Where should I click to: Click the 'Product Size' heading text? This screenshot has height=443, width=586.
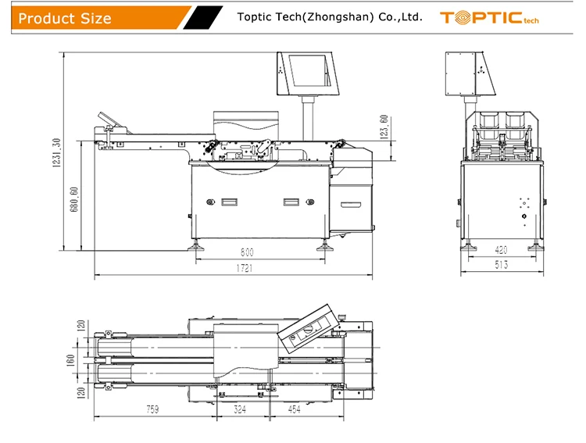pyautogui.click(x=65, y=18)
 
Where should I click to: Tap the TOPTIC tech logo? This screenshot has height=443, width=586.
pyautogui.click(x=489, y=17)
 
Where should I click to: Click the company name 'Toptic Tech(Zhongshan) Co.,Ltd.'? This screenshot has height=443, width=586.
pyautogui.click(x=330, y=17)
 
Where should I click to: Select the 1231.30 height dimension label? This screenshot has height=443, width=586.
pyautogui.click(x=56, y=152)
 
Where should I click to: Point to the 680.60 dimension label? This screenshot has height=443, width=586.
pyautogui.click(x=74, y=199)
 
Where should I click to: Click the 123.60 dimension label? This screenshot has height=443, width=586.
pyautogui.click(x=384, y=127)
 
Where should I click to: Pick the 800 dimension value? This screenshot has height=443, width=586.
pyautogui.click(x=247, y=252)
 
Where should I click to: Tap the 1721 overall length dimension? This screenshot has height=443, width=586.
pyautogui.click(x=245, y=268)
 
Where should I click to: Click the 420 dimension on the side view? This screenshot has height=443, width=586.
pyautogui.click(x=501, y=250)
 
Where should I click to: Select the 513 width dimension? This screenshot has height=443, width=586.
pyautogui.click(x=501, y=265)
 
